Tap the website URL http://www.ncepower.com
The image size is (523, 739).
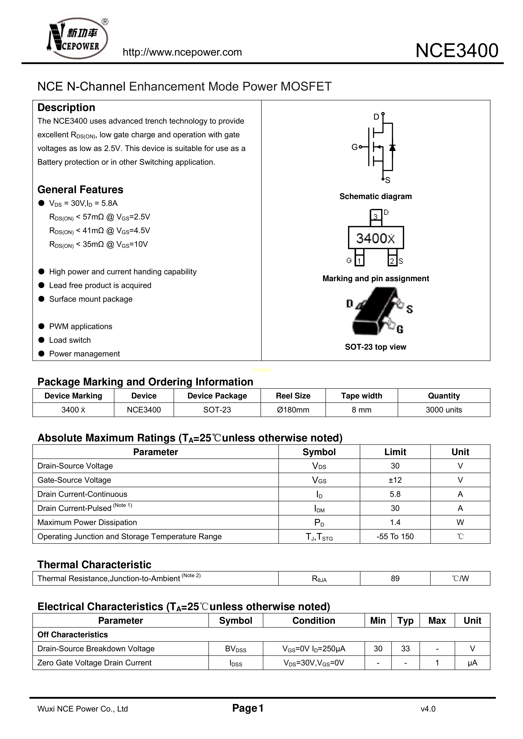click(x=182, y=52)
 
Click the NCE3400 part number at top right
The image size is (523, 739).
click(x=457, y=51)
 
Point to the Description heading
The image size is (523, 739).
click(x=66, y=107)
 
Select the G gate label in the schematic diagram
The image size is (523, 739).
click(x=354, y=147)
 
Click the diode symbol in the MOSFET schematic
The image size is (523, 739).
click(x=392, y=147)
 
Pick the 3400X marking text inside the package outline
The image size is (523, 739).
click(x=375, y=238)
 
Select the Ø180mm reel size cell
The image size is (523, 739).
click(x=293, y=410)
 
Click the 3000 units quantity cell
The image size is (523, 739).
click(x=444, y=410)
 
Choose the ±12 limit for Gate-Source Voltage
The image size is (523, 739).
click(x=395, y=480)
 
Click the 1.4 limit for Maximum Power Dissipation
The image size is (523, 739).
click(x=395, y=522)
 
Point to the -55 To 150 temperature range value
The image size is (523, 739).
click(x=395, y=537)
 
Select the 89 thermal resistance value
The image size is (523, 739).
click(x=395, y=578)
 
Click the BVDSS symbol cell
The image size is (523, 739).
click(x=235, y=649)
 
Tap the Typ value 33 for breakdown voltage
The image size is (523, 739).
click(x=405, y=649)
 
